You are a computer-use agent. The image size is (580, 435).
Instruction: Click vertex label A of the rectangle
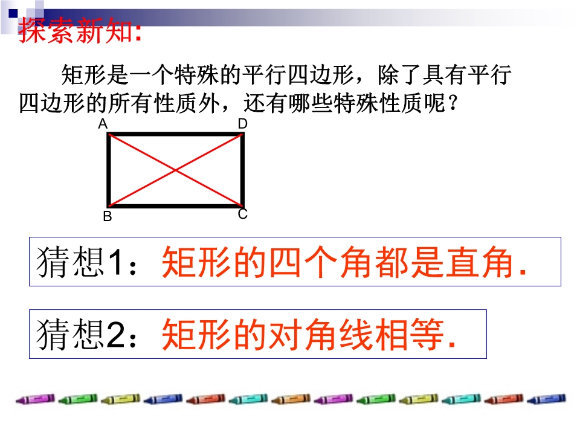tap(103, 124)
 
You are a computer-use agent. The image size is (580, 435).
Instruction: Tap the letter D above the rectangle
tap(243, 124)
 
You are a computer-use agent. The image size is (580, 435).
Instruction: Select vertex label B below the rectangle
tap(108, 216)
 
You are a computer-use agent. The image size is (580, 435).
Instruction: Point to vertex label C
tap(243, 214)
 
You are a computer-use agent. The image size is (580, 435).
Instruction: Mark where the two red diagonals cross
tap(176, 170)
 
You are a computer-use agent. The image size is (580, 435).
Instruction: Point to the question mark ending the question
tap(453, 103)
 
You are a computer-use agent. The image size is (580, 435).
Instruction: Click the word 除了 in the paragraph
tap(399, 75)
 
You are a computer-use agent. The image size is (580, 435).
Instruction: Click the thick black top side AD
tap(176, 134)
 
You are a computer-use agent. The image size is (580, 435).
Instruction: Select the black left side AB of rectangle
tap(109, 170)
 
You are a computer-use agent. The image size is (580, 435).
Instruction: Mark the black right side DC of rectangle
tap(243, 170)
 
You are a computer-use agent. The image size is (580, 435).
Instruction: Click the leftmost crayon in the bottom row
tap(35, 399)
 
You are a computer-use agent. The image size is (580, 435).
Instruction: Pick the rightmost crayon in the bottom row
tap(547, 399)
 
